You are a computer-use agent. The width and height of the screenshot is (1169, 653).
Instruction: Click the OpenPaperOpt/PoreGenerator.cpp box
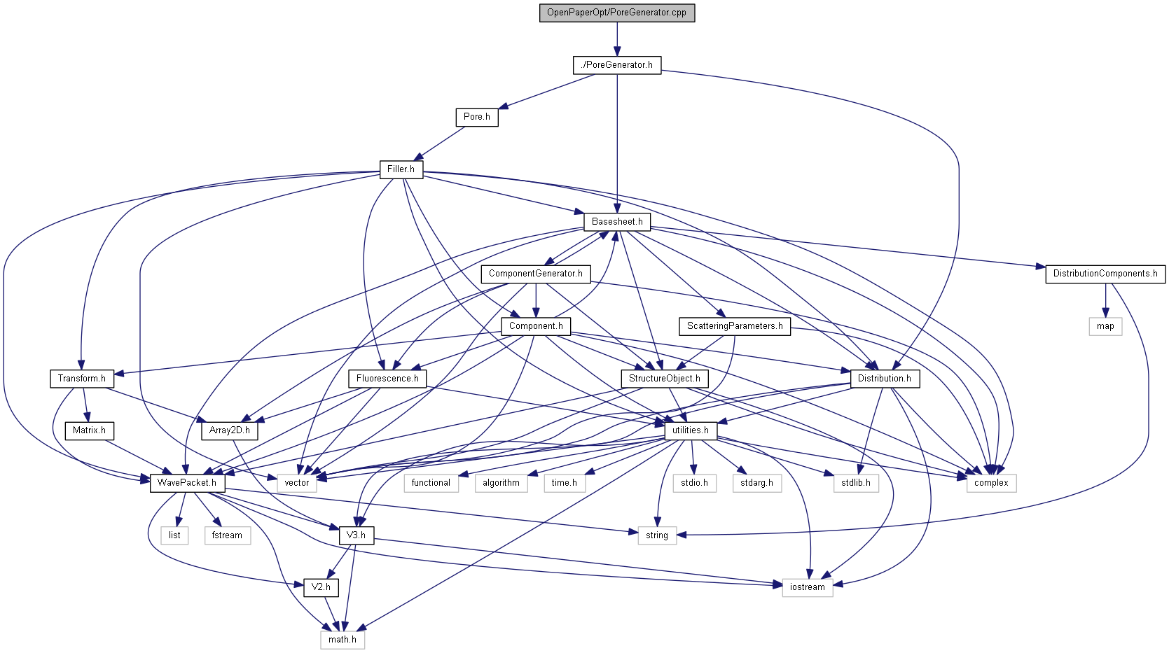click(616, 13)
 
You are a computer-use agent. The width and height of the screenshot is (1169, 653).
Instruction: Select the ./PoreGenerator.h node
click(617, 65)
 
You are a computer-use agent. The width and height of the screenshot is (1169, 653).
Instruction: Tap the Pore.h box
click(477, 117)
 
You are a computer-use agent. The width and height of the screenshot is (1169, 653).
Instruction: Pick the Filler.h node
click(401, 169)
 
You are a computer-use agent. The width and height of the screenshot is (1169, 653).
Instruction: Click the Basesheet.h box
click(617, 222)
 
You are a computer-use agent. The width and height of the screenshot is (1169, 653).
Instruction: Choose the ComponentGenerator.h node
click(536, 274)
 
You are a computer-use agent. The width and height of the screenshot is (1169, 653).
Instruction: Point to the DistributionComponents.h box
click(1105, 274)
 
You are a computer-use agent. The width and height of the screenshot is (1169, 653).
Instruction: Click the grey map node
click(1105, 326)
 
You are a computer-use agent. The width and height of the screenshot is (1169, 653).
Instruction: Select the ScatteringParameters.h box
click(735, 326)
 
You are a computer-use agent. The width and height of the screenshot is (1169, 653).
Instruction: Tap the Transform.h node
click(82, 379)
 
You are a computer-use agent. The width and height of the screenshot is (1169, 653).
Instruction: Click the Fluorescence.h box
click(387, 379)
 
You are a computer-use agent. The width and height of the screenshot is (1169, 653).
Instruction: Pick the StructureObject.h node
click(664, 379)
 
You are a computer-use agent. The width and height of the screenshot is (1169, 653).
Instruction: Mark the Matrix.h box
click(89, 430)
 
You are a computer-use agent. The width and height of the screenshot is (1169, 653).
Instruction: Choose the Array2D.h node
click(230, 430)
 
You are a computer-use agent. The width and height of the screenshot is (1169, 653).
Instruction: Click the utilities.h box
click(690, 430)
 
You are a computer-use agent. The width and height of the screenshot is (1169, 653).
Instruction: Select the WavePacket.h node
click(187, 483)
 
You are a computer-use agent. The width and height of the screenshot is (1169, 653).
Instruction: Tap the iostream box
click(808, 587)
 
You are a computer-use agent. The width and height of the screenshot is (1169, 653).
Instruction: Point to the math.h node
click(343, 640)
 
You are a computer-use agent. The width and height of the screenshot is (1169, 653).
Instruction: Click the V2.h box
click(321, 587)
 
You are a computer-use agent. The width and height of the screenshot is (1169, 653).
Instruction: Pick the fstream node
click(227, 535)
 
